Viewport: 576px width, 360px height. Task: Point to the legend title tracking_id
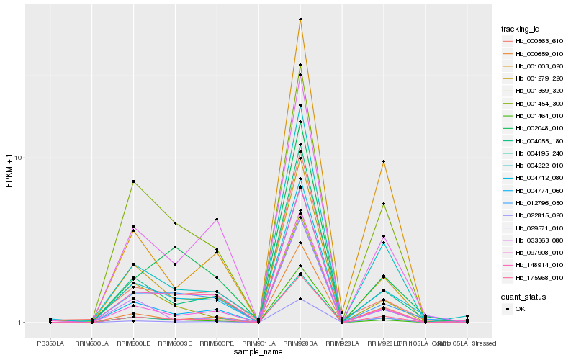pos(520,29)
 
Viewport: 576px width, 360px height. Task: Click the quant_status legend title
pos(524,296)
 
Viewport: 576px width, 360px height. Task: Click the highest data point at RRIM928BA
pos(300,19)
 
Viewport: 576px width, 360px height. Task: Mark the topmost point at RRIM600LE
pos(133,181)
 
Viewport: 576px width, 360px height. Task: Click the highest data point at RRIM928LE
pos(384,161)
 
